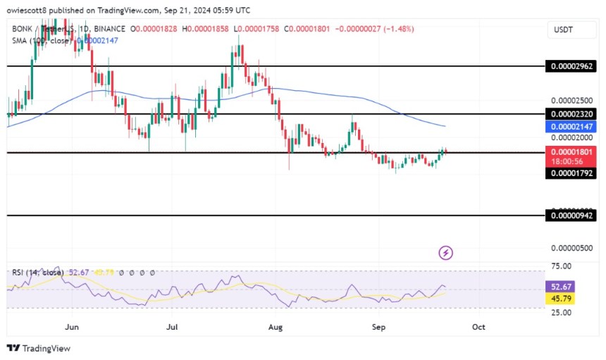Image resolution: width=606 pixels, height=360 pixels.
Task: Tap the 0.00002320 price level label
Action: [x=571, y=113]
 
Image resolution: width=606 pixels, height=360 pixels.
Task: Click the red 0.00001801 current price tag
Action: [x=571, y=151]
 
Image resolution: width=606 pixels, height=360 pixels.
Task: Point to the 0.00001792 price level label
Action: [x=571, y=173]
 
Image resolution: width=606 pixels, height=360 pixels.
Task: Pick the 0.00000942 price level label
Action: [x=571, y=217]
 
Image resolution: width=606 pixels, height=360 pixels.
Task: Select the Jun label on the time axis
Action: [x=71, y=327]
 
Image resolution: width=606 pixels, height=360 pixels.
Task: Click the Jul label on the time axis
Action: [x=172, y=327]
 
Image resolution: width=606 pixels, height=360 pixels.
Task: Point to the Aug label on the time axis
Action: [x=276, y=327]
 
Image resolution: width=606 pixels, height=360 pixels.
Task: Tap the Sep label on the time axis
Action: [x=379, y=327]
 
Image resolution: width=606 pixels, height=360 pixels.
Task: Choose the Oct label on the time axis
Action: [x=478, y=327]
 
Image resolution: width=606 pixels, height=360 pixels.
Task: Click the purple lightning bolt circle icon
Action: [x=445, y=252]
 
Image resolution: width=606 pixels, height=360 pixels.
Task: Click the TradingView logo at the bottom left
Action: [x=39, y=348]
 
